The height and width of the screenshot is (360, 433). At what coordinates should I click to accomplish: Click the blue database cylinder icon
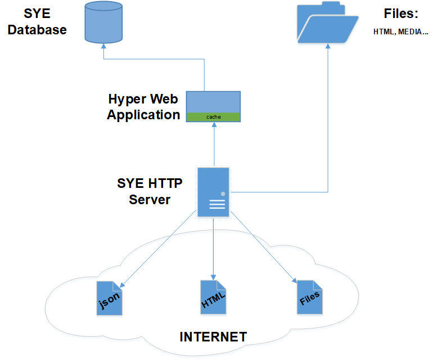[103, 23]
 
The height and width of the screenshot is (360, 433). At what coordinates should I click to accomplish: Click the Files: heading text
[401, 14]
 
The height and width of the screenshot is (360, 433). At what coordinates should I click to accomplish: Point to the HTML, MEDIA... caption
[401, 32]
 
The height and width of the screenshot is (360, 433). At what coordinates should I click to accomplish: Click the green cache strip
[214, 117]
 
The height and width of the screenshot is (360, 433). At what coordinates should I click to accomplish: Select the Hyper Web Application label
[143, 107]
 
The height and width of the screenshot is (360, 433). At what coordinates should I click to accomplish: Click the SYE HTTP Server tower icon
[213, 192]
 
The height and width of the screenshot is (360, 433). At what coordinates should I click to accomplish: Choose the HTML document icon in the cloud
[214, 297]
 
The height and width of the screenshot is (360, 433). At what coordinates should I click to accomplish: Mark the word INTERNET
[213, 337]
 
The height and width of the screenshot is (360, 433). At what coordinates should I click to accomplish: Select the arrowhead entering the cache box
[214, 125]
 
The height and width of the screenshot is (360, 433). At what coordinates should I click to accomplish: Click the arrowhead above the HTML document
[214, 274]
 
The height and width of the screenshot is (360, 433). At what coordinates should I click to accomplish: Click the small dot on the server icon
[223, 194]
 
